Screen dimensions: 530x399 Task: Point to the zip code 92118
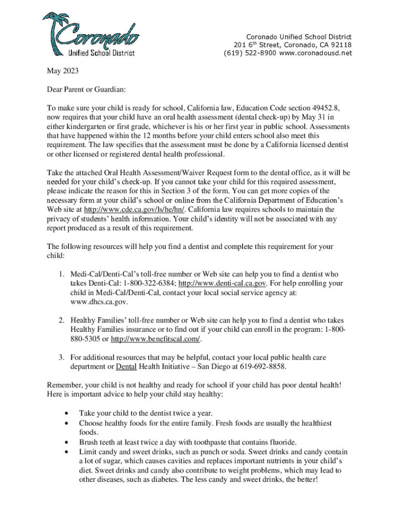click(341, 45)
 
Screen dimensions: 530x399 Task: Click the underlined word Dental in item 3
click(126, 366)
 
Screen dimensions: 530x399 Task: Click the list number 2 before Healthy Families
click(60, 321)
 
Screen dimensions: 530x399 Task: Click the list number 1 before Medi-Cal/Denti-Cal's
click(60, 274)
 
